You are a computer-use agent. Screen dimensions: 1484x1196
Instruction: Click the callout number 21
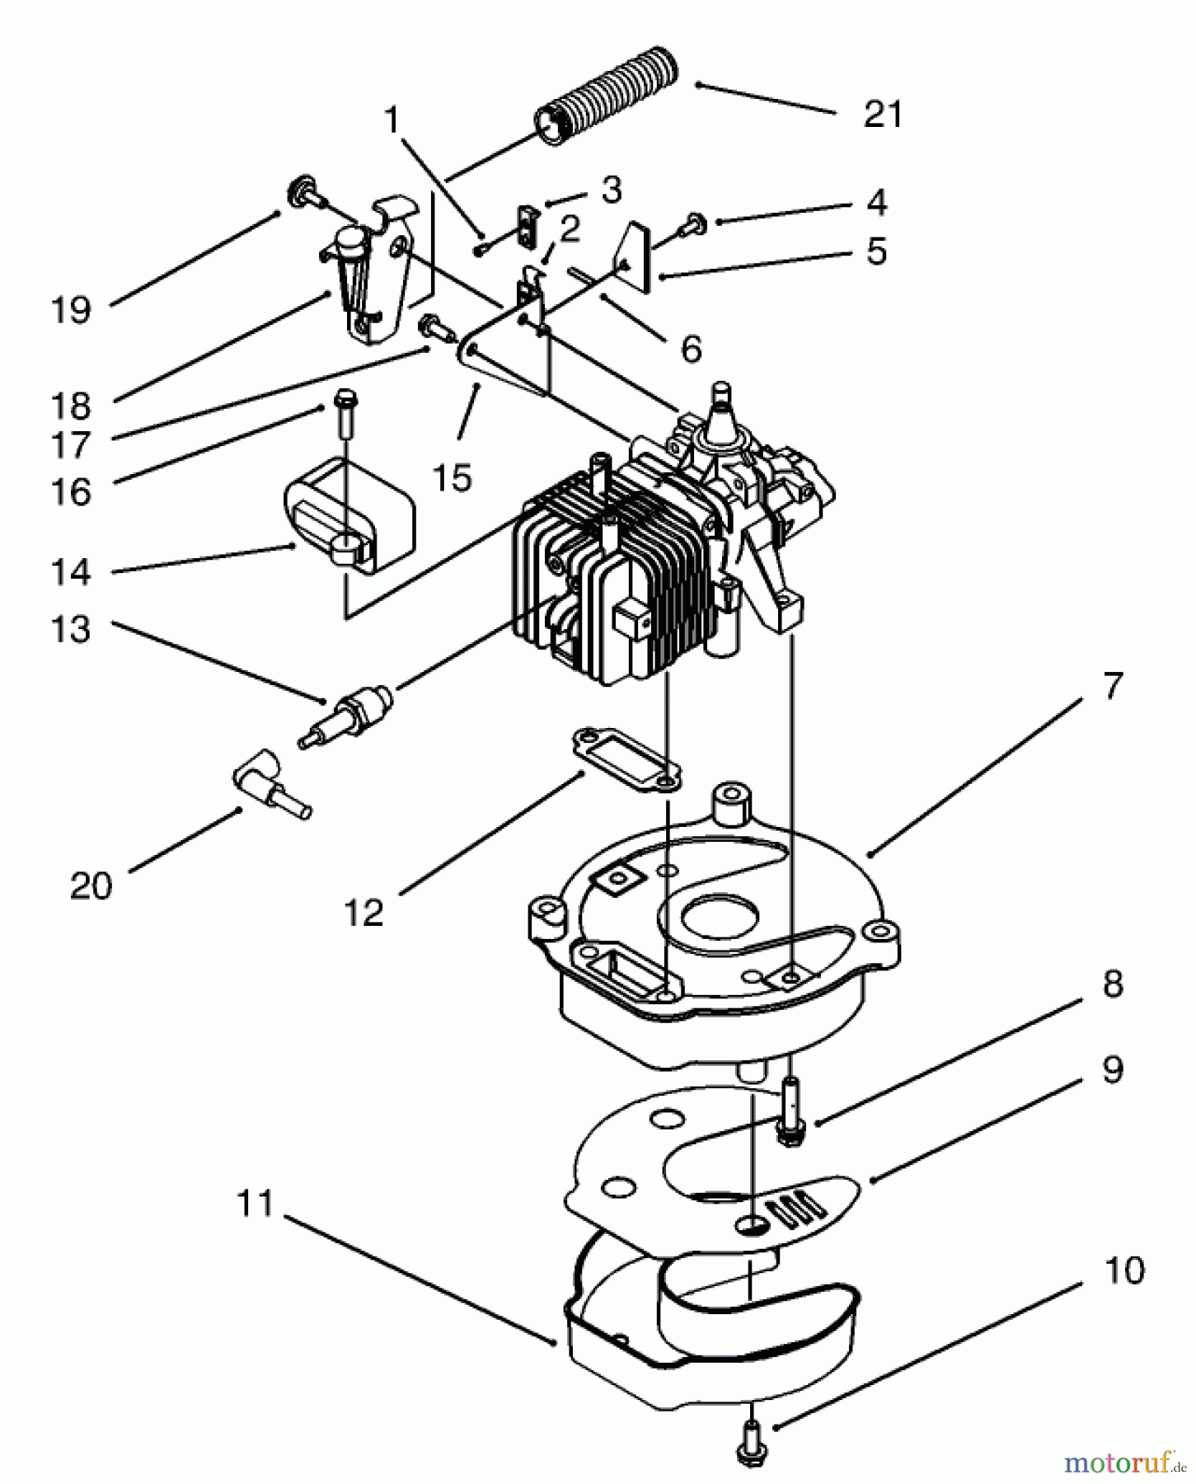pyautogui.click(x=883, y=114)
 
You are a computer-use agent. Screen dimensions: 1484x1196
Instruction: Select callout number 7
pyautogui.click(x=1112, y=686)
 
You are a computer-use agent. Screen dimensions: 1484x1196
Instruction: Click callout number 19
pyautogui.click(x=71, y=311)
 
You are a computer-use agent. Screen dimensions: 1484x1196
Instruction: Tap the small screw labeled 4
pyautogui.click(x=695, y=221)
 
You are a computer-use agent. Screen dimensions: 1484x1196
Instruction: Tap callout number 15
pyautogui.click(x=453, y=477)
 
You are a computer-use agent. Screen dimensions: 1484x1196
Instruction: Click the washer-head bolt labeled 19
pyautogui.click(x=303, y=195)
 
